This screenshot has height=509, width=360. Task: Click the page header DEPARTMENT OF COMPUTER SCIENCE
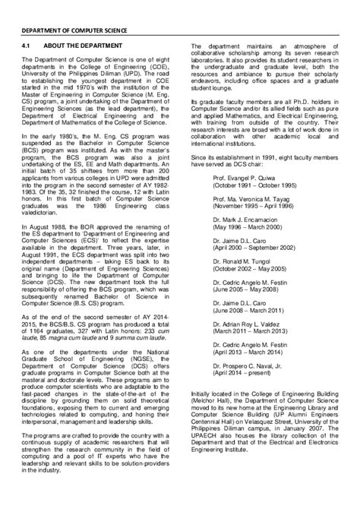tap(74, 31)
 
